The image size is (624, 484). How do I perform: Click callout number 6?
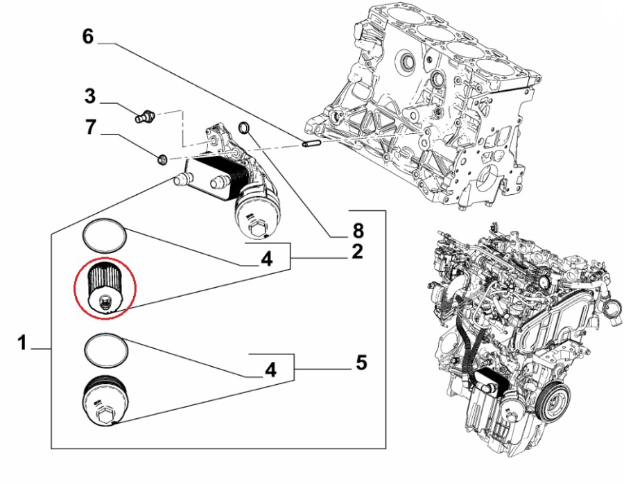click(87, 36)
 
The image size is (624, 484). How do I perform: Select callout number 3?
click(91, 96)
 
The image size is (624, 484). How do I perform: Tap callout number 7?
click(91, 128)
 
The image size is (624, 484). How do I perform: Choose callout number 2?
click(357, 252)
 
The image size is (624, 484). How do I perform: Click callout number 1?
click(23, 343)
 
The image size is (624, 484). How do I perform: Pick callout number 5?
click(361, 362)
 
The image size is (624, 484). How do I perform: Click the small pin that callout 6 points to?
click(310, 144)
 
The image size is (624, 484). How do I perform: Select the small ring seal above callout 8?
click(243, 128)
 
